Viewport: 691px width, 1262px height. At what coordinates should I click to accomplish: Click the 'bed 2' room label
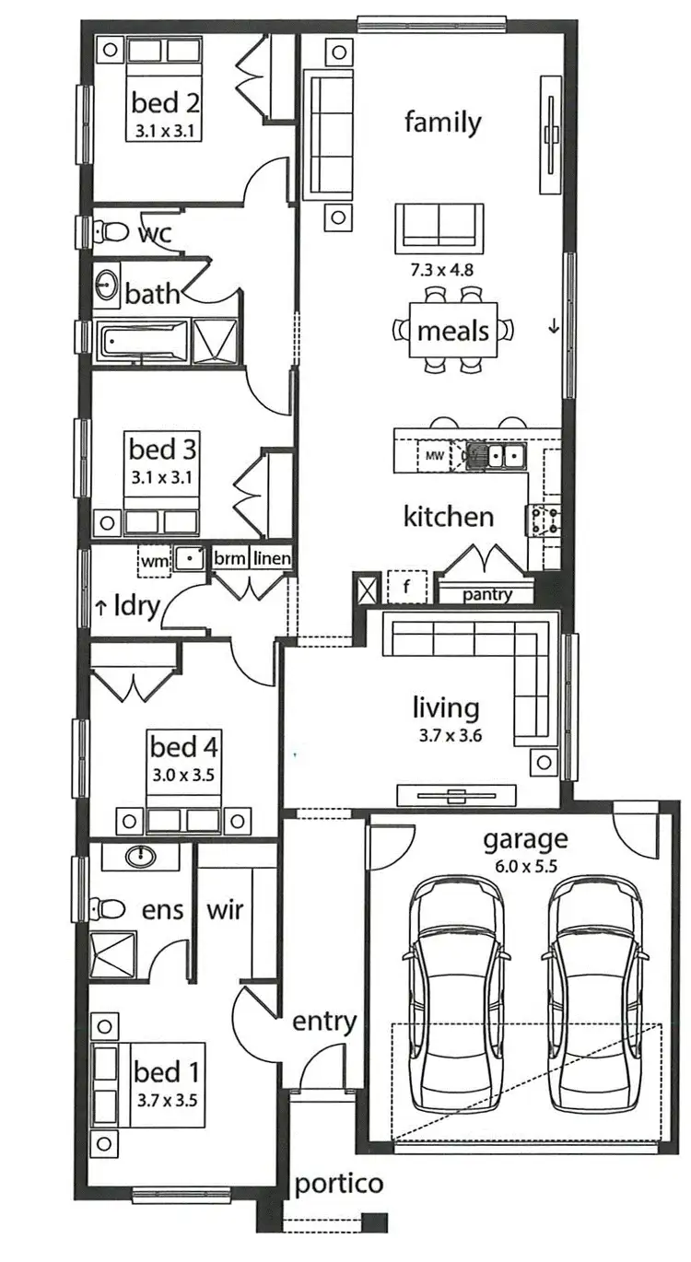pos(166,100)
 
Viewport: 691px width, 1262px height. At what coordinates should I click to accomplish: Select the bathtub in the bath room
pos(143,341)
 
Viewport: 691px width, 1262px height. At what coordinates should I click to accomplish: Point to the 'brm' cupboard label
pos(229,558)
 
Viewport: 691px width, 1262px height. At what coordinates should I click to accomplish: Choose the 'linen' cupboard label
pos(272,558)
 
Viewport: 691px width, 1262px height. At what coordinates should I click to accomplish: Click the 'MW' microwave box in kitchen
pos(434,454)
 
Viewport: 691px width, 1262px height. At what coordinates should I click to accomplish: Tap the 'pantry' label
pos(487,594)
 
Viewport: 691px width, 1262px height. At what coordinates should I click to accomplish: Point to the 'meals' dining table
pos(453,331)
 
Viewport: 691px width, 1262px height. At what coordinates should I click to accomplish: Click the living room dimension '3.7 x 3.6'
pos(446,736)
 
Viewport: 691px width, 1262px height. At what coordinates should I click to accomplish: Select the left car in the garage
pos(456,995)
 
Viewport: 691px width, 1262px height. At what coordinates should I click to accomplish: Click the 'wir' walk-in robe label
pos(225,910)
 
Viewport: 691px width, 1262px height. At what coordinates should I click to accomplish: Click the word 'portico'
pos(338,1184)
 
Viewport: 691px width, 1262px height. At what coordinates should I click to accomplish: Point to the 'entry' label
pos(324,1021)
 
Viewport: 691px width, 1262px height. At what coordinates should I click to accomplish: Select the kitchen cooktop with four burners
pos(540,521)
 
